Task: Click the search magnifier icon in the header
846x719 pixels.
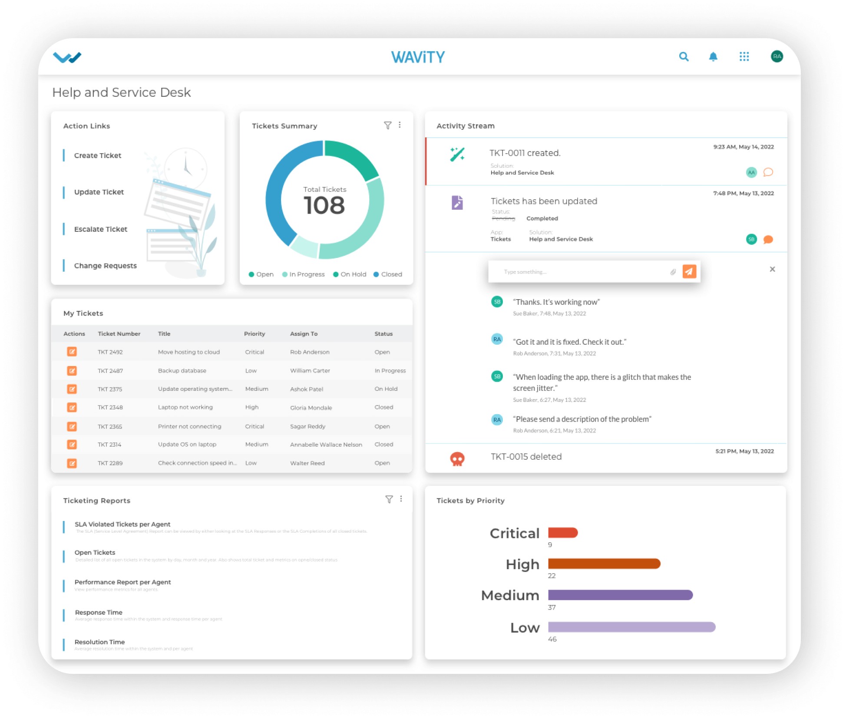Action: (x=684, y=57)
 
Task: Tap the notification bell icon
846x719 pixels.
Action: (x=713, y=57)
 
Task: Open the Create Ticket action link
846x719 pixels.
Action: (x=98, y=155)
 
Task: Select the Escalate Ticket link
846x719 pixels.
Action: (x=101, y=229)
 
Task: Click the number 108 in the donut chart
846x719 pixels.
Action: (x=324, y=205)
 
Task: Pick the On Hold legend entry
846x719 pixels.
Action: (x=350, y=274)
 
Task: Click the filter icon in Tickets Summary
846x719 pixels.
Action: (x=388, y=125)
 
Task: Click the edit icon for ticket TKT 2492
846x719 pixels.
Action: (x=72, y=352)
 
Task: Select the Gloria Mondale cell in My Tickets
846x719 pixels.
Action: (x=311, y=408)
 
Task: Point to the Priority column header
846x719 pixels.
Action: (x=254, y=334)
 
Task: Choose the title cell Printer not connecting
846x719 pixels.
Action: (x=190, y=426)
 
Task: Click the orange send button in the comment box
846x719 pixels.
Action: (x=689, y=271)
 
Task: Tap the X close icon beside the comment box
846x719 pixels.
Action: (x=772, y=269)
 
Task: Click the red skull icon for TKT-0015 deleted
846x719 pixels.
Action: (x=457, y=458)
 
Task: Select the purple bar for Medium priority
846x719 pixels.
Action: (x=620, y=595)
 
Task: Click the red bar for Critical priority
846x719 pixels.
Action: (x=563, y=533)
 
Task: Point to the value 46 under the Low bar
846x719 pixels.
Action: (x=552, y=639)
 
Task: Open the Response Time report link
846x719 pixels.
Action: (x=99, y=613)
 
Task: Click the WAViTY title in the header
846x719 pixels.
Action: (x=418, y=57)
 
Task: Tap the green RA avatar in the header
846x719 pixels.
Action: (x=777, y=56)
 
